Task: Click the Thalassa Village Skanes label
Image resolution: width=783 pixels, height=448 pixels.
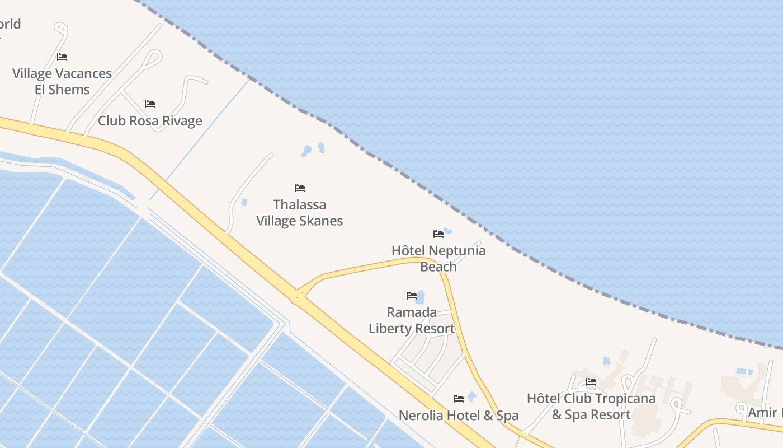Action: [299, 213]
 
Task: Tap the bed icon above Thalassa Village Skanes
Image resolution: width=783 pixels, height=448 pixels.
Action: [300, 188]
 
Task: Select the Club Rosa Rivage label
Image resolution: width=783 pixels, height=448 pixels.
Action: [150, 121]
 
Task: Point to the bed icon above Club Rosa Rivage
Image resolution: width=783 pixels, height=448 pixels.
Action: [150, 104]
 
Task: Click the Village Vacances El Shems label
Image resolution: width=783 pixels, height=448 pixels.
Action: [62, 82]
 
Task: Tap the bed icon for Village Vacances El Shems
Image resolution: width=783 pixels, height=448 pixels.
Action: [62, 57]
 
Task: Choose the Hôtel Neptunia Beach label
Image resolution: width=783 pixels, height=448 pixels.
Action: [438, 258]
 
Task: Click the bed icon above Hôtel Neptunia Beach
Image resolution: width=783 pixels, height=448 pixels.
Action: [438, 234]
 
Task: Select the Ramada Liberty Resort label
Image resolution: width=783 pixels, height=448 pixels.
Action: [412, 320]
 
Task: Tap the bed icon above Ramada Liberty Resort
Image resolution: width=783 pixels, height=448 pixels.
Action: [412, 296]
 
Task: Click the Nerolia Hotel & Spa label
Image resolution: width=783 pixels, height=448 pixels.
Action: [458, 416]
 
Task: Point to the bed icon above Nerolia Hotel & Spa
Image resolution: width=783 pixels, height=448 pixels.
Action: [459, 399]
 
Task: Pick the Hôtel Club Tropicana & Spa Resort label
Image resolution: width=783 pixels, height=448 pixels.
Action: [591, 407]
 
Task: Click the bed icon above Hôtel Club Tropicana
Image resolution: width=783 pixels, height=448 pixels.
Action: [591, 382]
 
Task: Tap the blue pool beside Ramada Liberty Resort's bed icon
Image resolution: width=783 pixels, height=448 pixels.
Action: [421, 297]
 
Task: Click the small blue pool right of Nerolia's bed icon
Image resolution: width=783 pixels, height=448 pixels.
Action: [472, 396]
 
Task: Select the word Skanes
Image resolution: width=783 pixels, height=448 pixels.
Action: [320, 221]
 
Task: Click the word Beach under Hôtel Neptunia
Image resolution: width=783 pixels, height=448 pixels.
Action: [438, 267]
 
